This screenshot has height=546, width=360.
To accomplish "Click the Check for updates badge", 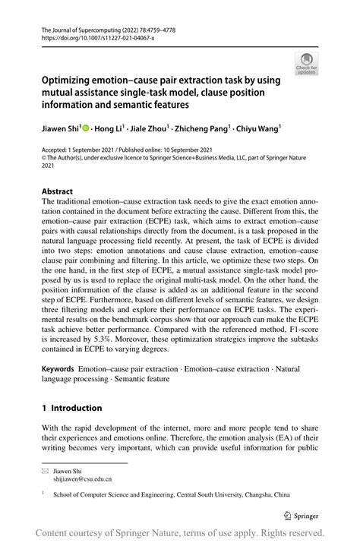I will (308, 65).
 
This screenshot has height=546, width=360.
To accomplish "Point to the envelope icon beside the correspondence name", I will (45, 470).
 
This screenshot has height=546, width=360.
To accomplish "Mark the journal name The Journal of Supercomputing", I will (84, 26).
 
